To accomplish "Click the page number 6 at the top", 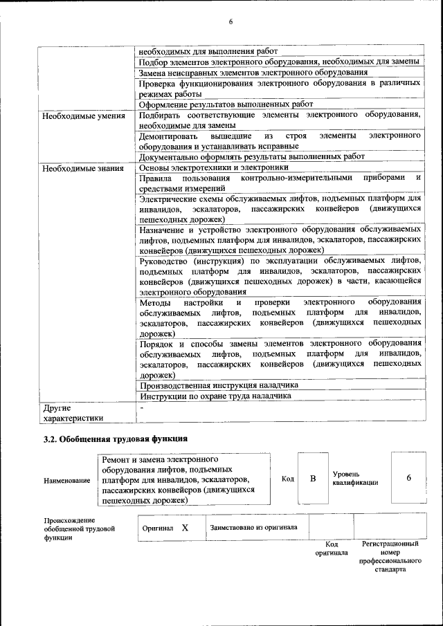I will click(230, 22).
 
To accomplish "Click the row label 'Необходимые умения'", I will click(84, 116).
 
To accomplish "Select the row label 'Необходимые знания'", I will click(83, 168).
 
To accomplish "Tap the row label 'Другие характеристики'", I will click(73, 412).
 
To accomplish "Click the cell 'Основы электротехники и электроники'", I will click(214, 167).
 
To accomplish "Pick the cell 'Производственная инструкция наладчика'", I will click(219, 385).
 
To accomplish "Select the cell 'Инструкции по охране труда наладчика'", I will click(215, 396).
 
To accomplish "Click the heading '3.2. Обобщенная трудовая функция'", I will click(115, 439).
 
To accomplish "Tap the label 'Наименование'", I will click(66, 480).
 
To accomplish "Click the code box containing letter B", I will click(313, 479).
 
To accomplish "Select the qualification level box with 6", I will click(409, 479).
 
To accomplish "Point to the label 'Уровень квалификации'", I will click(355, 478).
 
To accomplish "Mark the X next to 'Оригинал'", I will click(186, 528).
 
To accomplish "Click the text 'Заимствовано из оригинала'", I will click(253, 527).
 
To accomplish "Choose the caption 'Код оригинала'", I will click(332, 549).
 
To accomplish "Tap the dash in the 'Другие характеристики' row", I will click(141, 408).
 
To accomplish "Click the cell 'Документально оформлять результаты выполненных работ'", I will click(252, 156).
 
